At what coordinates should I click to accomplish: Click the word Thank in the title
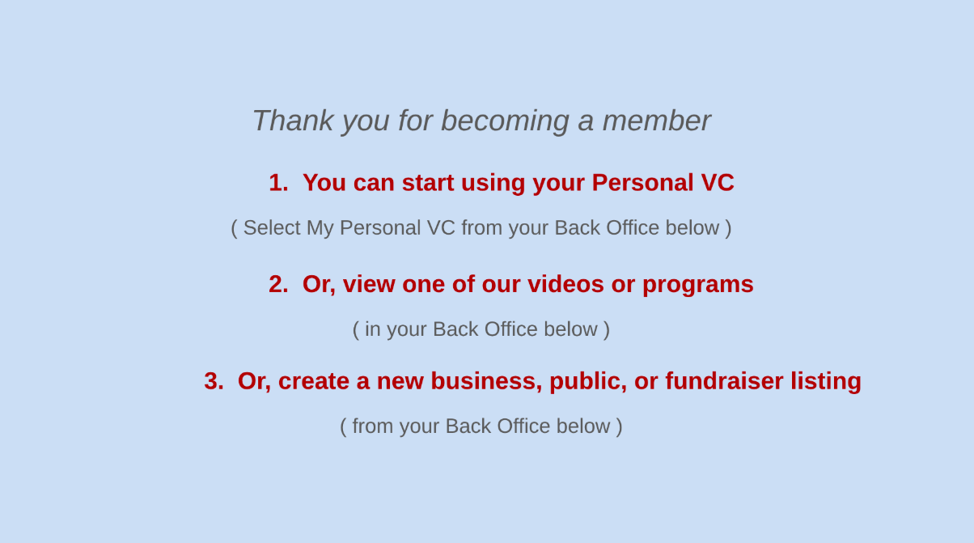click(x=293, y=121)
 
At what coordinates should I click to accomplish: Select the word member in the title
click(x=657, y=121)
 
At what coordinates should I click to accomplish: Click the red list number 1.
click(x=278, y=183)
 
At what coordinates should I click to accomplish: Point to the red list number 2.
click(x=278, y=284)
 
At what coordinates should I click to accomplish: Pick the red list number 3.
click(x=214, y=381)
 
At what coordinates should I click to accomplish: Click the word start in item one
click(x=428, y=183)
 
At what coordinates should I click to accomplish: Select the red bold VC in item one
click(x=718, y=182)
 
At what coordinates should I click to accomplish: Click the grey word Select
click(x=272, y=228)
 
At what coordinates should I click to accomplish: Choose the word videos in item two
click(x=565, y=284)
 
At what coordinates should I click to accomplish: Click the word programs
click(x=698, y=286)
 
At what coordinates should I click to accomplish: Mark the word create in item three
click(x=314, y=381)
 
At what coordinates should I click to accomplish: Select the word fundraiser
click(x=724, y=381)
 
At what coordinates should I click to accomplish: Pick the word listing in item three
click(x=826, y=383)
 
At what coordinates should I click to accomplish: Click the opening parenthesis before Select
click(x=234, y=228)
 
